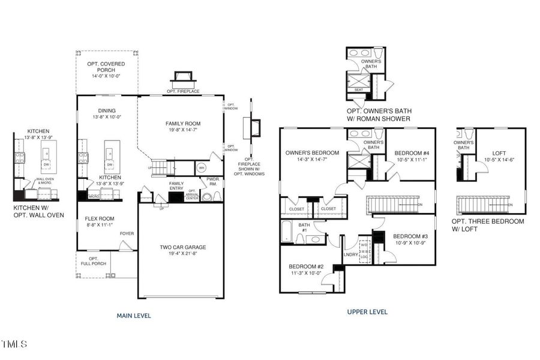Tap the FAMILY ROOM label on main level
tap(183, 123)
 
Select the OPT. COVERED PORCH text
tap(105, 66)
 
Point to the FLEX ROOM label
tap(98, 218)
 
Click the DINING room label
tap(106, 110)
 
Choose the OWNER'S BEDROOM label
tap(313, 152)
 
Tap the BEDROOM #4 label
tap(410, 154)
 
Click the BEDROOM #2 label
tap(306, 266)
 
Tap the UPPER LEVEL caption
tap(367, 311)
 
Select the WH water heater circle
tap(202, 167)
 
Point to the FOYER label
tap(127, 234)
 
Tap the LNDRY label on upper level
tap(350, 254)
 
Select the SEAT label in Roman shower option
tap(359, 89)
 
